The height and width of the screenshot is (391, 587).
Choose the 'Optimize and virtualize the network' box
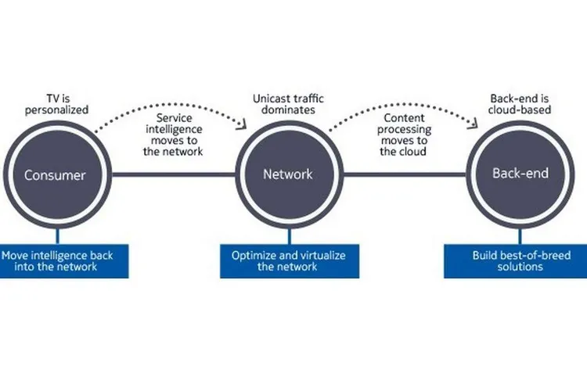pos(289,261)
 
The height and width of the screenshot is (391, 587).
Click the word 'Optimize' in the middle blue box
pos(252,256)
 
